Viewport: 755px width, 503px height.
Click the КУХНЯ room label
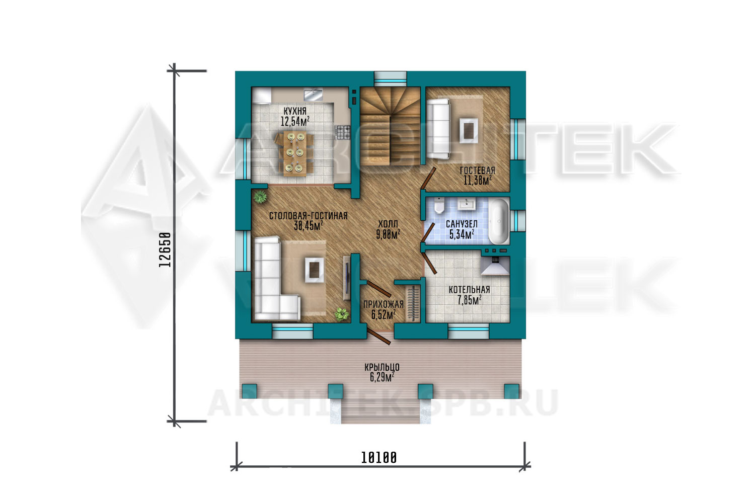coord(295,111)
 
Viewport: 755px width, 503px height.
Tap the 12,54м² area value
coord(295,121)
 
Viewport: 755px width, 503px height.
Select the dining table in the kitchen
coord(295,153)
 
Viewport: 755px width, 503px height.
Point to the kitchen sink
coord(314,95)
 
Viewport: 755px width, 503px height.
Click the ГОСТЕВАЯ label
coord(477,171)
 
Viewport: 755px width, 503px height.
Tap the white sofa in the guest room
coord(438,129)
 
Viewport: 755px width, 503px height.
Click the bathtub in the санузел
coord(499,221)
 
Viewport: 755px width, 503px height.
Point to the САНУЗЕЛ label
coord(462,224)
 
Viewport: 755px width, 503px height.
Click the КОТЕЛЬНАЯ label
coord(469,290)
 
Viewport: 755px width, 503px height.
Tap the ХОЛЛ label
coord(388,224)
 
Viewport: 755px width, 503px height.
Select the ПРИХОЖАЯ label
coord(383,304)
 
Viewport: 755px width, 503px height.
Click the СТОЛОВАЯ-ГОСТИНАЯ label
coord(308,216)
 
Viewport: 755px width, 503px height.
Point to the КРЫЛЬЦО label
coord(382,367)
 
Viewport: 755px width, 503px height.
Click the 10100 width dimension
coord(379,458)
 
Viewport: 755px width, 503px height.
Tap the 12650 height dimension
coord(165,249)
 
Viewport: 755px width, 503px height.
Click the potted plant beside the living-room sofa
coord(342,314)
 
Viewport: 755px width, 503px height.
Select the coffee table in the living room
coord(315,270)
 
